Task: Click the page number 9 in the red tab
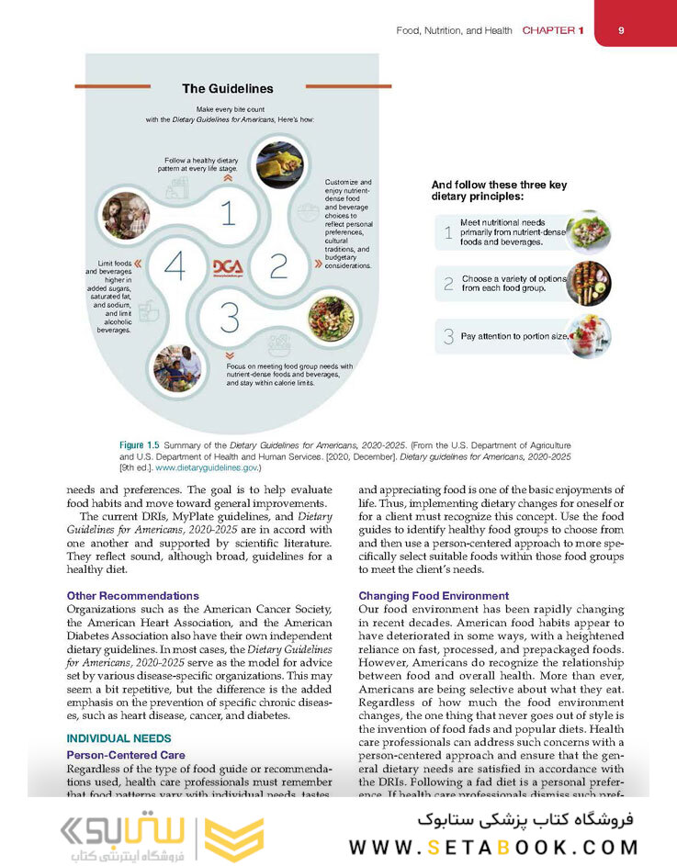621,30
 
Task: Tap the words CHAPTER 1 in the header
552,31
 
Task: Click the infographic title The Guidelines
227,89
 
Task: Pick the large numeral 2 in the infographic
278,266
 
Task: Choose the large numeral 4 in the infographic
175,266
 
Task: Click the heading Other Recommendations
133,596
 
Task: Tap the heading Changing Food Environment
434,596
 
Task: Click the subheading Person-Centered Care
126,755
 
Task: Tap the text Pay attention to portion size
515,336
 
